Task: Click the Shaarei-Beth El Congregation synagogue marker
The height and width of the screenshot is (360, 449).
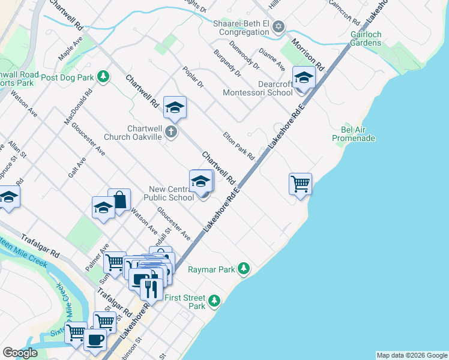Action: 278,26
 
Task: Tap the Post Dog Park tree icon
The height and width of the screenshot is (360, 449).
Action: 104,77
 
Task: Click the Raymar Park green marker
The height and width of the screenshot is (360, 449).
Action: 243,269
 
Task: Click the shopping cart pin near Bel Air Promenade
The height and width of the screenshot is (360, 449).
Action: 300,184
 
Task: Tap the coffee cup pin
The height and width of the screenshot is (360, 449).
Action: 95,340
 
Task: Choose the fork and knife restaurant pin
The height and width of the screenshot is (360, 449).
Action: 151,289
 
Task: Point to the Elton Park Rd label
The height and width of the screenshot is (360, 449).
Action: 239,146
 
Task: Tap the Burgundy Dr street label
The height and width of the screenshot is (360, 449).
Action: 227,63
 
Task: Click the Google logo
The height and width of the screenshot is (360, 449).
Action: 20,353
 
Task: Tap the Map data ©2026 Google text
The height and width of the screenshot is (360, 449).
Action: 411,355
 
